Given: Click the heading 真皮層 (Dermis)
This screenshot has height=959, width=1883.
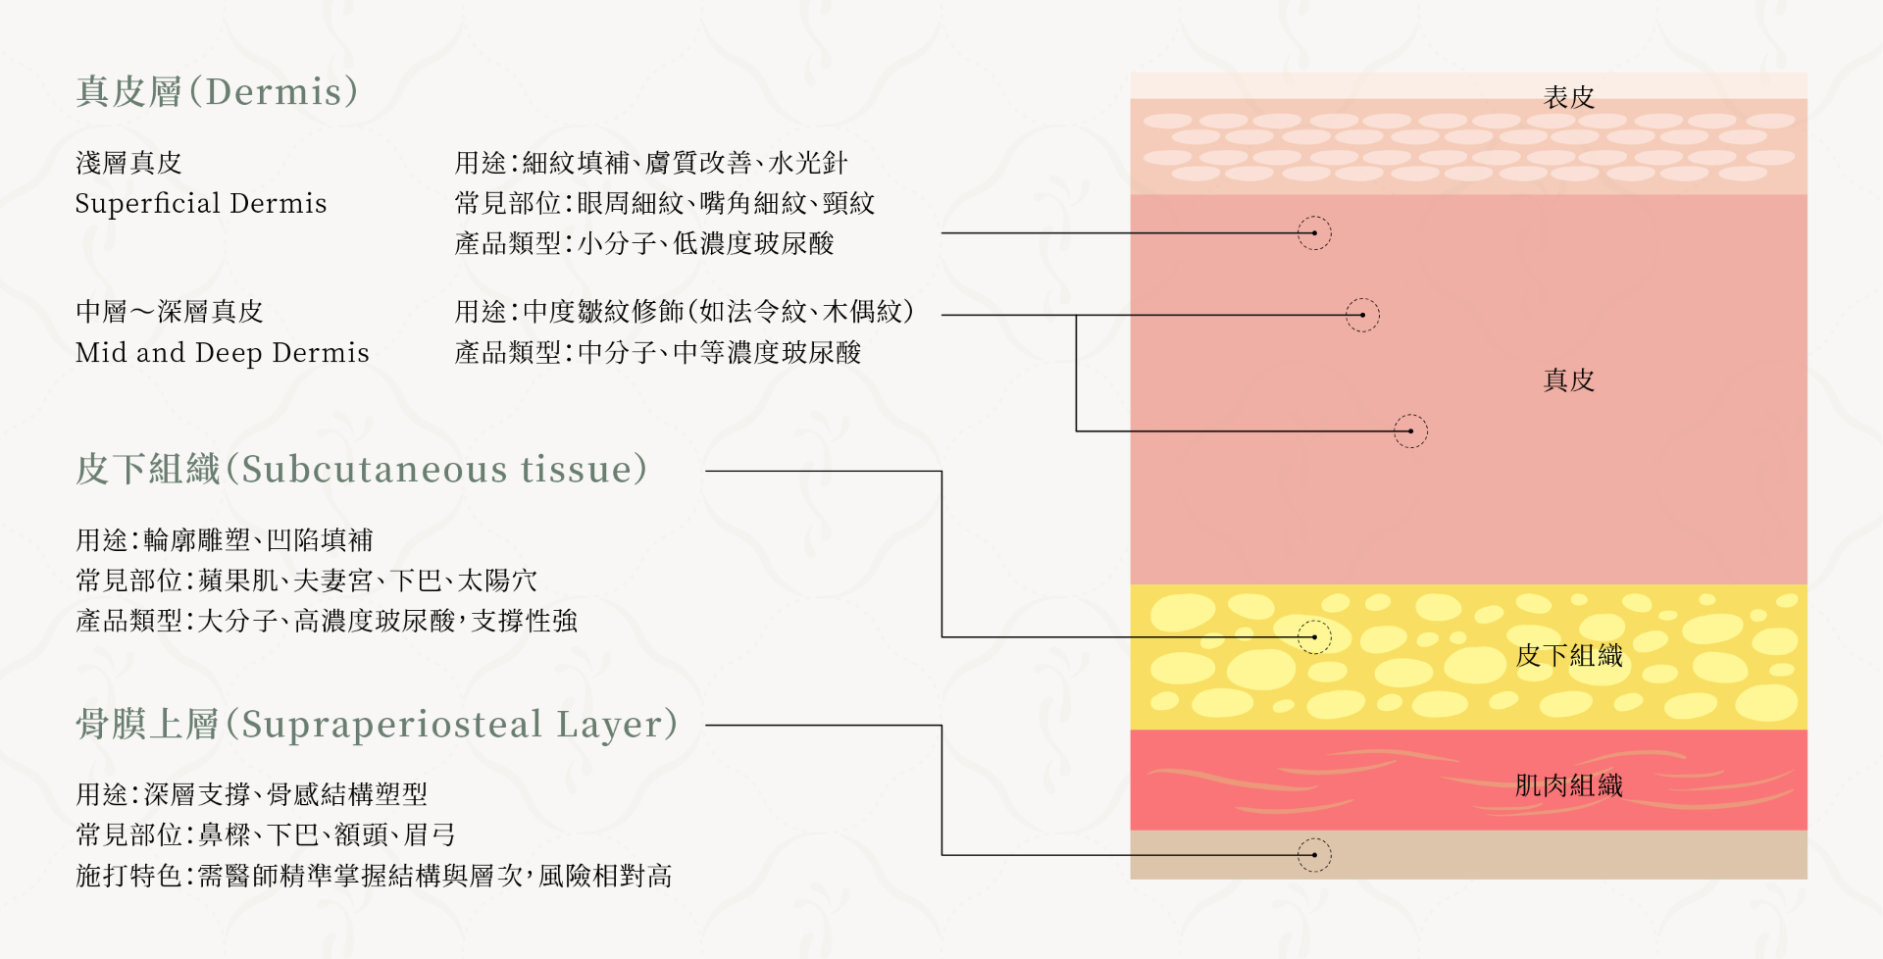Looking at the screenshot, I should coord(217,92).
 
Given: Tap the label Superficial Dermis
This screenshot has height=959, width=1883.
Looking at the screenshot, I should coord(201,204).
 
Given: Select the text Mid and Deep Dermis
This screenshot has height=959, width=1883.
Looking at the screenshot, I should coord(223,353).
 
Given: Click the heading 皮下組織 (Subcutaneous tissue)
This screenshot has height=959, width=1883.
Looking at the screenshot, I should coord(361,470).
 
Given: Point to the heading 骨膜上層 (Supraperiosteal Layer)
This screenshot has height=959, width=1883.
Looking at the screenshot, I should coord(377,725).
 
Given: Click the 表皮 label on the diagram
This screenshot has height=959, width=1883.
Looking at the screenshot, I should coord(1568,98).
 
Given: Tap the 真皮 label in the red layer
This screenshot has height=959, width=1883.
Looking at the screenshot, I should coord(1568,380).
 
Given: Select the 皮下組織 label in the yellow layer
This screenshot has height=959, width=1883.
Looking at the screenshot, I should coord(1568,656).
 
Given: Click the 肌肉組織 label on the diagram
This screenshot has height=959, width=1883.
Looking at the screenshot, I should coord(1568,785).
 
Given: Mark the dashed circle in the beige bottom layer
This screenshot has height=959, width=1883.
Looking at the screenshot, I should coord(1314,855).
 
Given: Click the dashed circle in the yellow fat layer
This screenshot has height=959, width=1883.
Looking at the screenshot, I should coord(1314,637).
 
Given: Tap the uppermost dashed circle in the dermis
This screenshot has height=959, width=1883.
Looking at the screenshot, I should coord(1314,233).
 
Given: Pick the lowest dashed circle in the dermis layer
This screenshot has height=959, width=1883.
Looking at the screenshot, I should coord(1410,431).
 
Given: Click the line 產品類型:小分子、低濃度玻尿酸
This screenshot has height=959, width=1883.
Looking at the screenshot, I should coord(644,244).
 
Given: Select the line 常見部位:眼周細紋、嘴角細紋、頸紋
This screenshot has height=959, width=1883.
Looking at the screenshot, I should coord(664,204).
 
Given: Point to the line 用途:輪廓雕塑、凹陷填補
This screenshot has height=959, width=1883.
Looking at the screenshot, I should coord(225,540).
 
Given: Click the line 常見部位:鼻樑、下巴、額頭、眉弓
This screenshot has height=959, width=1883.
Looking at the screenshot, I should coord(266,835).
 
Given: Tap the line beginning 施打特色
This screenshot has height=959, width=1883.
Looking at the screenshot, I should coord(374,876).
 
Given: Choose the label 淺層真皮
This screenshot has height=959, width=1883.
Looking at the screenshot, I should coord(128,163).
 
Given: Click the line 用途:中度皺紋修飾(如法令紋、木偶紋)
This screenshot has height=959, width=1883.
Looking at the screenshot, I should coord(685,312).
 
